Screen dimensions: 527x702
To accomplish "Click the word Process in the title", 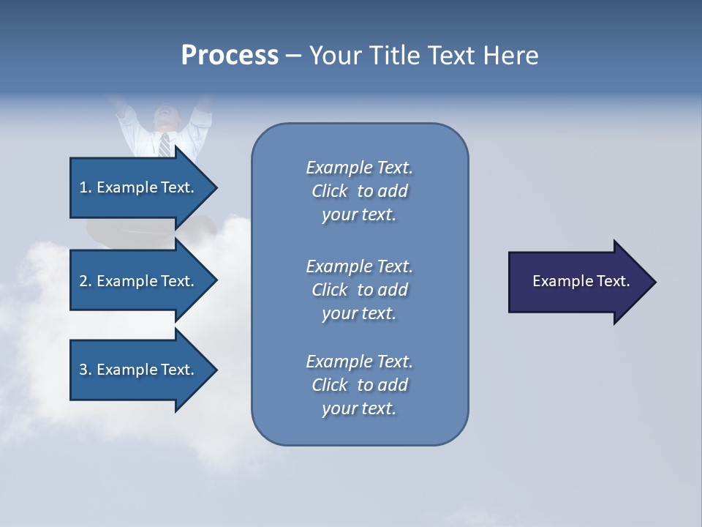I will (230, 56).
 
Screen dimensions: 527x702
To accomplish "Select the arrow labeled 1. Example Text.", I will (139, 187).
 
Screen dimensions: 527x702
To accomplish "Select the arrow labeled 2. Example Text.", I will (139, 281).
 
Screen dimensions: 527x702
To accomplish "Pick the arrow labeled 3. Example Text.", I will (139, 370).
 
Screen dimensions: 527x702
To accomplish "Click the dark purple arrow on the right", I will (578, 282).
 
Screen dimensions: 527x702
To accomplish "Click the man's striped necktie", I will (165, 144).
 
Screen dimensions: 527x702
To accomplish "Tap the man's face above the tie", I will (165, 117).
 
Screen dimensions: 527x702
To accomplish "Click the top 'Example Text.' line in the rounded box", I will (359, 168).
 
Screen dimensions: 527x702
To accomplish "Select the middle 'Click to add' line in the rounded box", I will (359, 290).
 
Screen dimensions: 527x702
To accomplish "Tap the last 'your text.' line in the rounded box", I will (359, 408).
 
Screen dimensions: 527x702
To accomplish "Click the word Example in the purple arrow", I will (556, 281).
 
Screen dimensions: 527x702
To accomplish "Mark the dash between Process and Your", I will (294, 56).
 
